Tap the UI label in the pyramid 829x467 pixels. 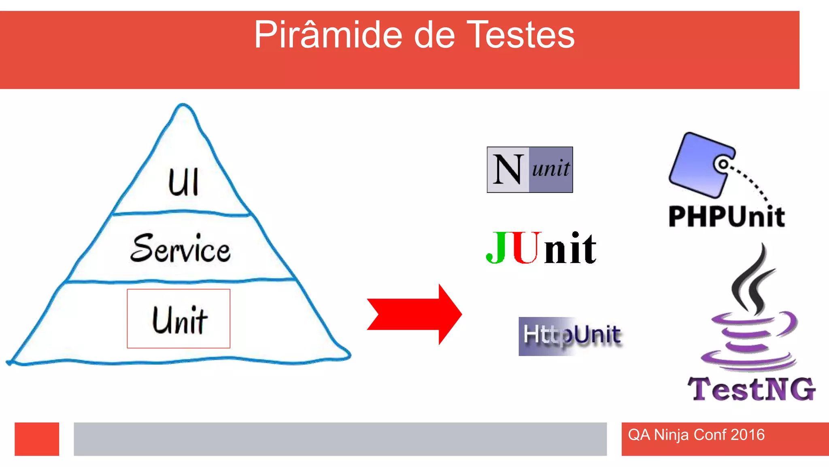pos(183,183)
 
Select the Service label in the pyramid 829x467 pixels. pos(181,248)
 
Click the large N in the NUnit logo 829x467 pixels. pos(508,170)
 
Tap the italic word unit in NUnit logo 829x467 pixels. pos(551,168)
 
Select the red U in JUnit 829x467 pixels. pos(525,248)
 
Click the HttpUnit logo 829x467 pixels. pos(571,336)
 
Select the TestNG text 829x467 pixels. pos(751,389)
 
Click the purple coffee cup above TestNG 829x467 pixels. pos(749,341)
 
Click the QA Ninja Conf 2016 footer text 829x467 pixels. pos(696,435)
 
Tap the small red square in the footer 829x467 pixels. pos(37,439)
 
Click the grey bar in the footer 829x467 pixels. pos(340,439)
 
